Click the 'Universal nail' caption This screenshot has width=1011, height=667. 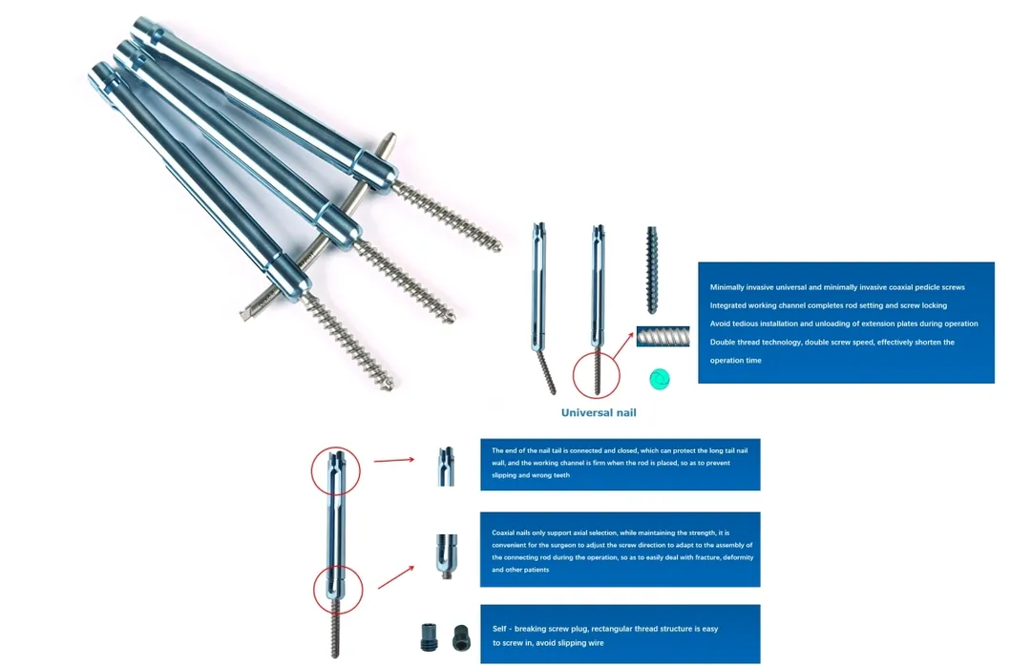[x=598, y=412]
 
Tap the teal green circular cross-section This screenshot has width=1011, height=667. [x=659, y=379]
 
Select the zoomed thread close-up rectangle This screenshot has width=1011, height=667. [x=663, y=338]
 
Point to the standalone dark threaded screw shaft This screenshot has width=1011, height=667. [x=653, y=269]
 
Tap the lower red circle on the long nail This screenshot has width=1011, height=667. [x=338, y=589]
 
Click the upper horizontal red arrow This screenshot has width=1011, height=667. [x=393, y=460]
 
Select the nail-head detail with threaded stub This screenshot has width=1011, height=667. [x=446, y=554]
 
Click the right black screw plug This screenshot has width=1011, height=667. [x=461, y=636]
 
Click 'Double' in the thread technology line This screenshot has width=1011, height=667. [x=724, y=342]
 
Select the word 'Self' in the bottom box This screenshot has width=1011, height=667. [x=500, y=629]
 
